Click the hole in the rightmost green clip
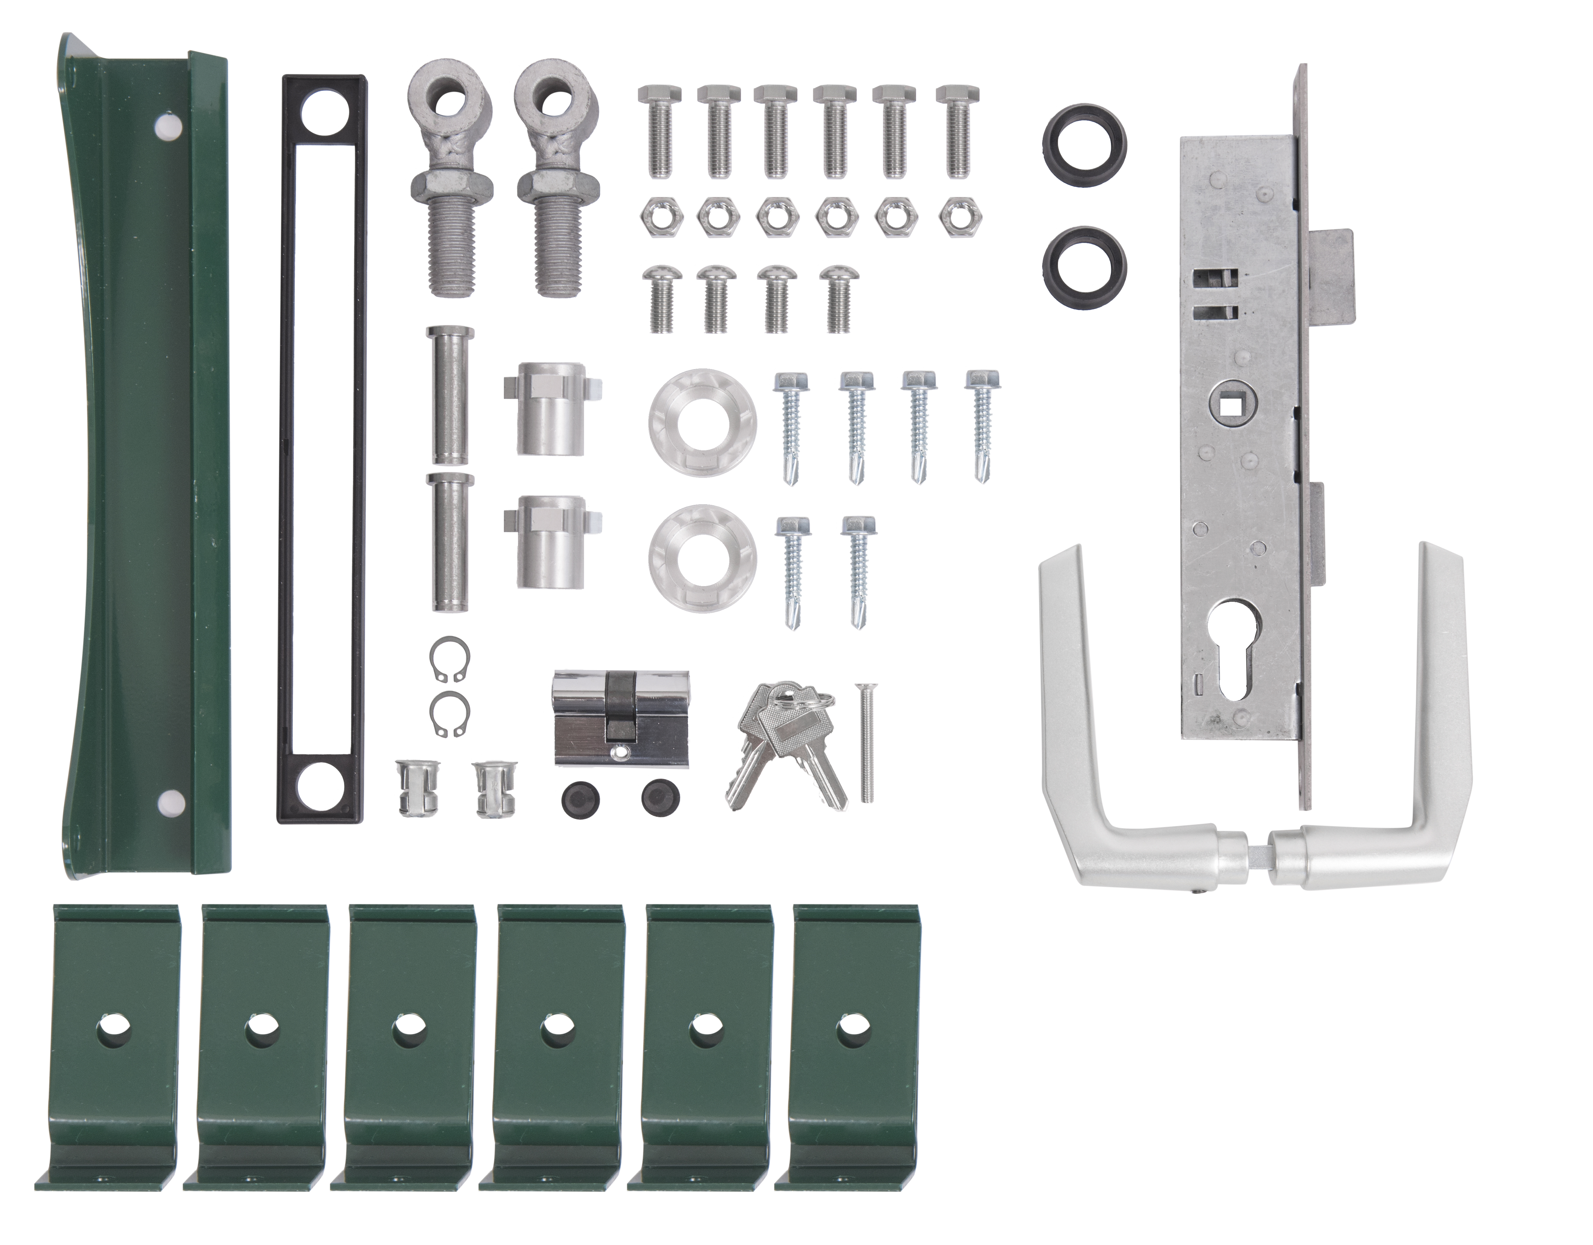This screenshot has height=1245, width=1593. click(x=849, y=1027)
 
